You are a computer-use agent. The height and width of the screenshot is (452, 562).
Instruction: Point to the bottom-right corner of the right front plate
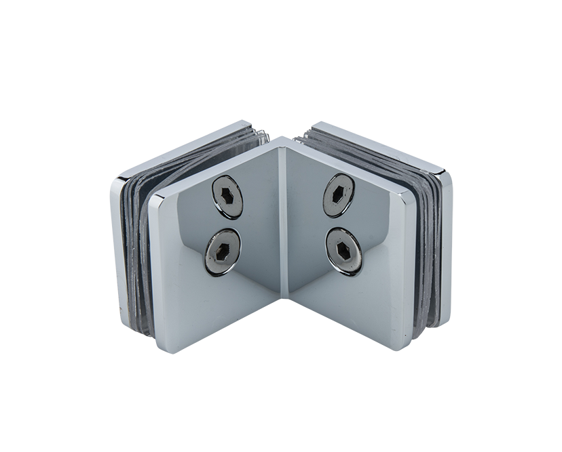point(407,347)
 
